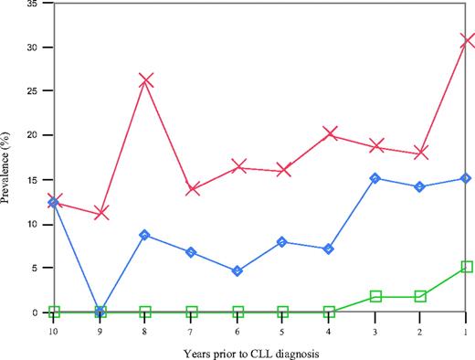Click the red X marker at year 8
pos(145,80)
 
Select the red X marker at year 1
pos(467,40)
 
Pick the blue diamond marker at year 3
pos(375,178)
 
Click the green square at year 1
pos(467,267)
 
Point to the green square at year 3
pos(375,296)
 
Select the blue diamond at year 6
pos(237,271)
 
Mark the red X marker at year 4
pos(330,134)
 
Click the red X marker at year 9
pos(100,212)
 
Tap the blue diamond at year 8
pos(145,235)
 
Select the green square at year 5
pos(283,312)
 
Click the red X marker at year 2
pos(421,153)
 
